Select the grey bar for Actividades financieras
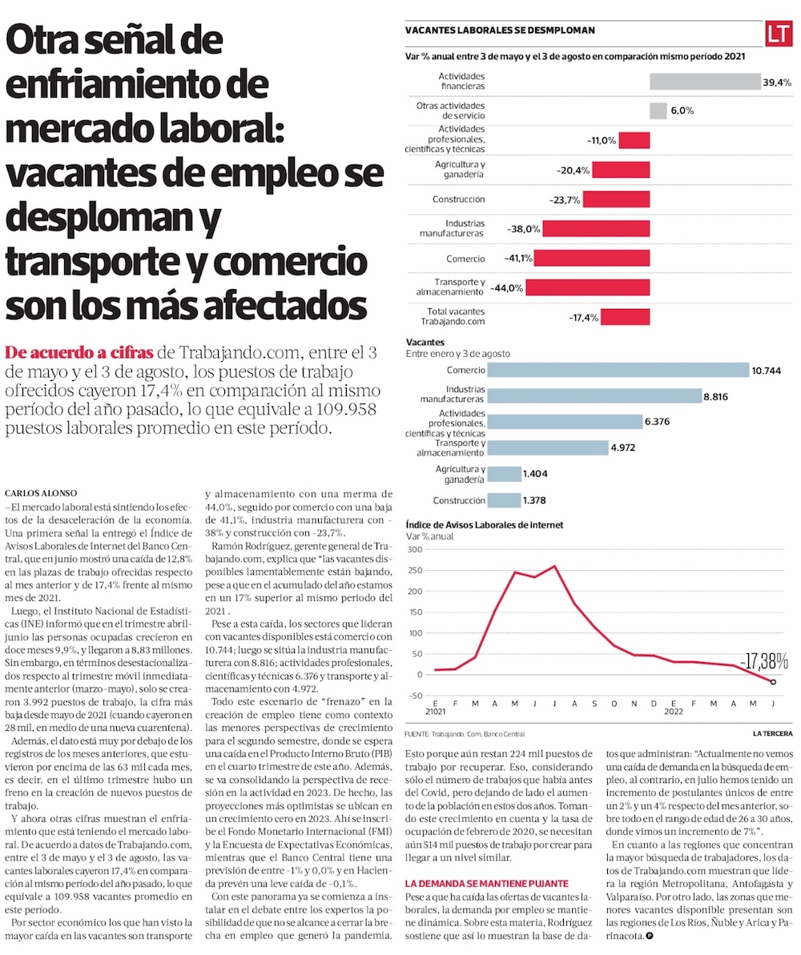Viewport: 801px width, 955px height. pyautogui.click(x=704, y=82)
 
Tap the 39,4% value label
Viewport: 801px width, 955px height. pyautogui.click(x=777, y=82)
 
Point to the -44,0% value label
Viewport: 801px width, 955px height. pyautogui.click(x=507, y=287)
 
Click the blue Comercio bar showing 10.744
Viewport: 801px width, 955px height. pyautogui.click(x=618, y=371)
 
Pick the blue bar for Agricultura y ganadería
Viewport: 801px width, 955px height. pyautogui.click(x=504, y=474)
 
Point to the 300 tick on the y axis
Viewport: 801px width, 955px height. pyautogui.click(x=416, y=549)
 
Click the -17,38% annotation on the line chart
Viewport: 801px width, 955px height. pyautogui.click(x=763, y=661)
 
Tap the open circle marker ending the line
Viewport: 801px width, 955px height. pyautogui.click(x=773, y=682)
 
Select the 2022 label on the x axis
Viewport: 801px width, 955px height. pyautogui.click(x=673, y=711)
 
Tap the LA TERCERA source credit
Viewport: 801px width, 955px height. pyautogui.click(x=772, y=733)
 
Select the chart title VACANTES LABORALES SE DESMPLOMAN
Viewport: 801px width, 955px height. pyautogui.click(x=500, y=30)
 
